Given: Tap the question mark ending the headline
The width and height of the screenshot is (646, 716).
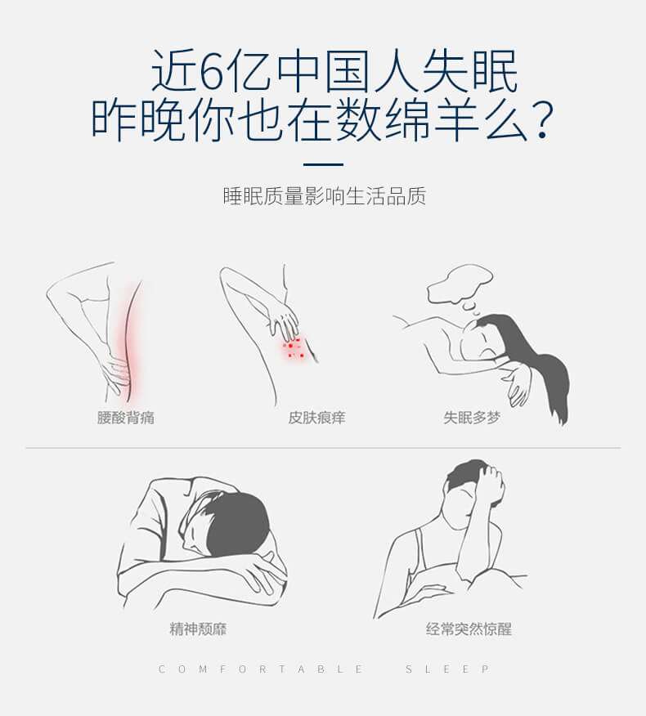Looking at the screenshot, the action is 542,121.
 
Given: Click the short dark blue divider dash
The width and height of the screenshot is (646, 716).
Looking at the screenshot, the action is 323,164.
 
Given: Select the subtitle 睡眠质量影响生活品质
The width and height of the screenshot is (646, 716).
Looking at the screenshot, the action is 325,196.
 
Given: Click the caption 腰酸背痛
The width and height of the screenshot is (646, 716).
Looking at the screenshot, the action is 126,418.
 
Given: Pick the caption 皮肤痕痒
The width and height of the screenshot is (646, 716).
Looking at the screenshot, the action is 316,418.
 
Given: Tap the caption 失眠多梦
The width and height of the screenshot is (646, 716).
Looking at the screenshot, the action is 472,418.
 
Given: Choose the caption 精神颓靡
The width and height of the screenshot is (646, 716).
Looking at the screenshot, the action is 198,629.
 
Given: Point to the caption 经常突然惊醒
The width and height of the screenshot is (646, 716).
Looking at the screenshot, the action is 469,629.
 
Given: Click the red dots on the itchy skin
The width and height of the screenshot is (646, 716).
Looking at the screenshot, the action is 294,349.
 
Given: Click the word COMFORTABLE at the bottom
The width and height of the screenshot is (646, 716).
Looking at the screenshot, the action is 260,669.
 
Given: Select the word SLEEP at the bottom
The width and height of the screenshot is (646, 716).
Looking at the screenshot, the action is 448,669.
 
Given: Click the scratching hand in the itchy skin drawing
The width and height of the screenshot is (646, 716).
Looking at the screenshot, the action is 283,322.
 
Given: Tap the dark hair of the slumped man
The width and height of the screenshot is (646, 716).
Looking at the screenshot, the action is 238,525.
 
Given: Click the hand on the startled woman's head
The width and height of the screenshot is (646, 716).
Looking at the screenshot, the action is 489,484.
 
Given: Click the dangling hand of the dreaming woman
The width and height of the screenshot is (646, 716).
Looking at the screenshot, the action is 518,386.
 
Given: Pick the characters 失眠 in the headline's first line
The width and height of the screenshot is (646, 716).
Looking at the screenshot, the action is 470,70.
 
